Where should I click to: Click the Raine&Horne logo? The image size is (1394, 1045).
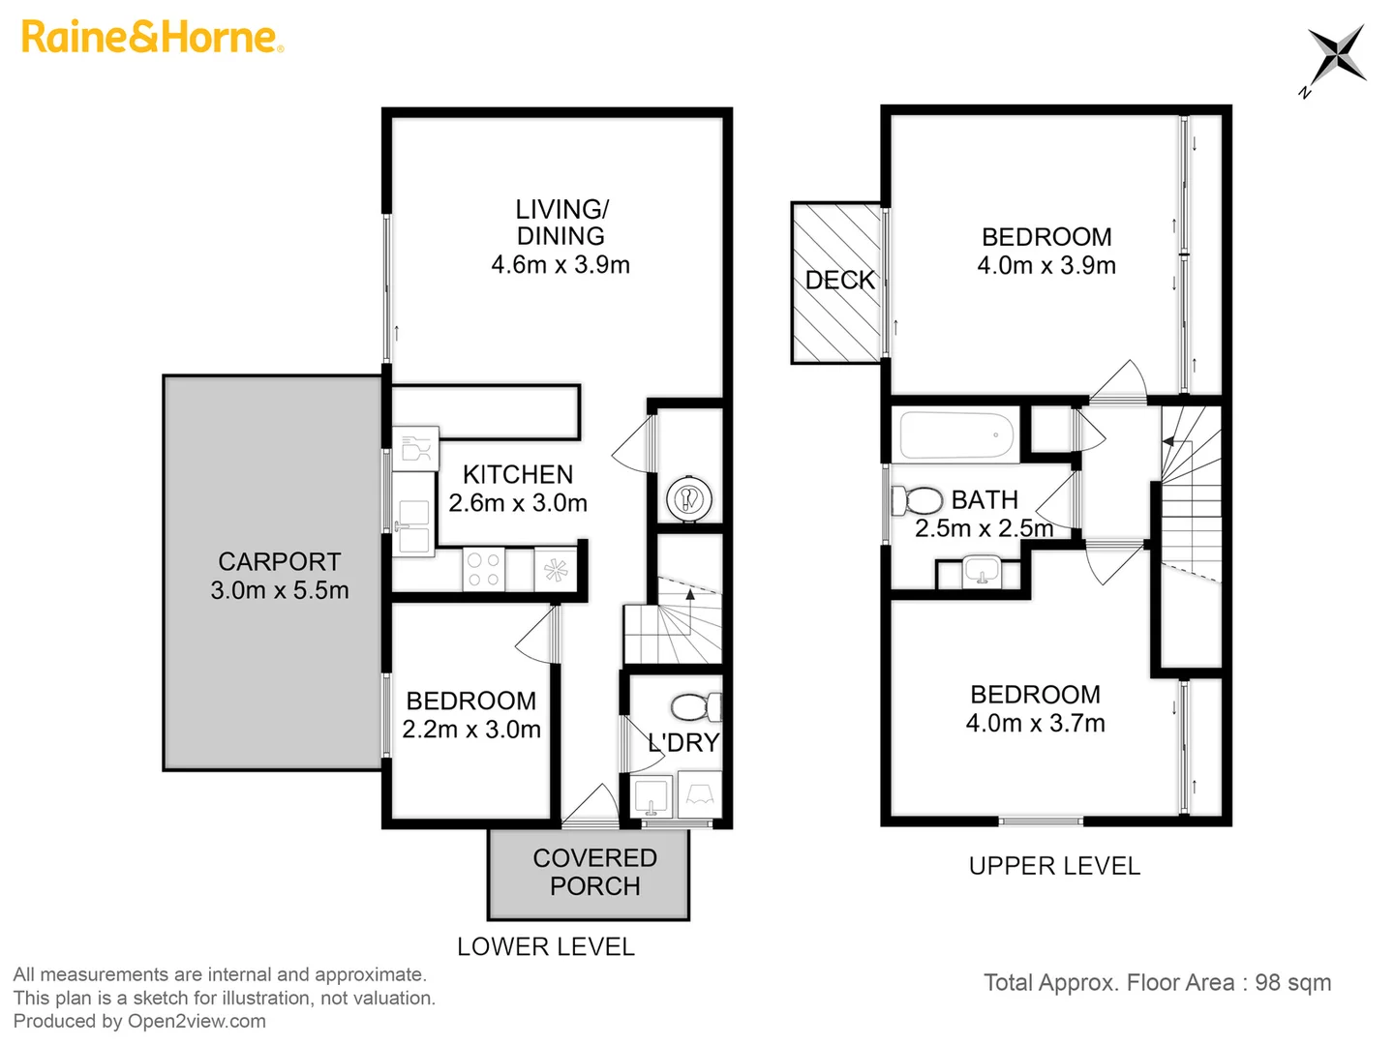coord(152,38)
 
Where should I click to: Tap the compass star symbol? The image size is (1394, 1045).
coord(1336,55)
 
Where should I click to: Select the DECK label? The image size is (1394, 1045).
coord(839,281)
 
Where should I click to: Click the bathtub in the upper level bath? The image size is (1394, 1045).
coord(956,436)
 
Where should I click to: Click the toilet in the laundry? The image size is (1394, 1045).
coord(696,707)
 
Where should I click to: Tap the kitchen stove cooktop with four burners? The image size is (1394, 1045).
coord(482,569)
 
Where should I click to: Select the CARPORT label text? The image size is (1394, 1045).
coord(279,562)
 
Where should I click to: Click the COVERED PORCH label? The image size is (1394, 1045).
coord(594,872)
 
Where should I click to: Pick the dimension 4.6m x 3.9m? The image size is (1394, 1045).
coord(561,265)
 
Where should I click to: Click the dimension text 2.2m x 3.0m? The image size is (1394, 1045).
coord(470,730)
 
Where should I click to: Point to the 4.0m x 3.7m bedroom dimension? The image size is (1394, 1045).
coord(1035,723)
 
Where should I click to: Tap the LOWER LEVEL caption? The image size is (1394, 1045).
coord(545,947)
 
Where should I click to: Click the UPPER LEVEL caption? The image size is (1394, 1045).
coord(1054,866)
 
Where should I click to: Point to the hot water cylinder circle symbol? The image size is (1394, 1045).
coord(688,499)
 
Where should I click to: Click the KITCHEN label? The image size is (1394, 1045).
coord(518,475)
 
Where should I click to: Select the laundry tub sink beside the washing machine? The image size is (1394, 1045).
coord(652,795)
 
